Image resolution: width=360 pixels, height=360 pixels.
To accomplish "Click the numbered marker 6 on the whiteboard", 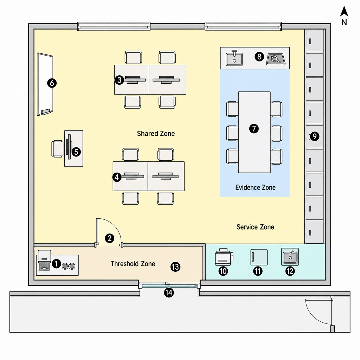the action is (52, 83).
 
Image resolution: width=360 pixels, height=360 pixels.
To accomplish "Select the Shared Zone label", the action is (156, 134).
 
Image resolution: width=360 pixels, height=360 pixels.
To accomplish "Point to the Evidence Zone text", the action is (255, 188).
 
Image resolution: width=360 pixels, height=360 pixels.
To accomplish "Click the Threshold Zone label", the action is (133, 264).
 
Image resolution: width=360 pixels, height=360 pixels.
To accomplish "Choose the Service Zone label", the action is (255, 227).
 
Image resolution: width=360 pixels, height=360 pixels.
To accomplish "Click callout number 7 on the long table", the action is (254, 129).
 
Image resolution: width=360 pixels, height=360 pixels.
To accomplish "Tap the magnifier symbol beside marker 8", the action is (276, 59).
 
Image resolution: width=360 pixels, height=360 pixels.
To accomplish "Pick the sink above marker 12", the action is (290, 257).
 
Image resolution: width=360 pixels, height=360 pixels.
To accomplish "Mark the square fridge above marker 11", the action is (259, 257).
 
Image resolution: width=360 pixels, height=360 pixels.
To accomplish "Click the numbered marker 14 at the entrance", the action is (169, 293).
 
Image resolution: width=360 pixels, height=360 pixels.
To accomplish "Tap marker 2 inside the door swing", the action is (110, 238).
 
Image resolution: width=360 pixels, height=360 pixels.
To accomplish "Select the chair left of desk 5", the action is (57, 149).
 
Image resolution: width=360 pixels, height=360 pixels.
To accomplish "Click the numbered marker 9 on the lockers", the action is (315, 136).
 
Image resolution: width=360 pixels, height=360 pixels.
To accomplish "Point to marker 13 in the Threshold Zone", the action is (175, 267).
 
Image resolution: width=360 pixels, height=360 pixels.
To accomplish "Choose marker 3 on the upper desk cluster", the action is (120, 80).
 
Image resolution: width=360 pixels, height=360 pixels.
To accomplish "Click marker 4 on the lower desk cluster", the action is (117, 177).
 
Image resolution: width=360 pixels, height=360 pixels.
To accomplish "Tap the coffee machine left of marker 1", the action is (44, 261).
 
